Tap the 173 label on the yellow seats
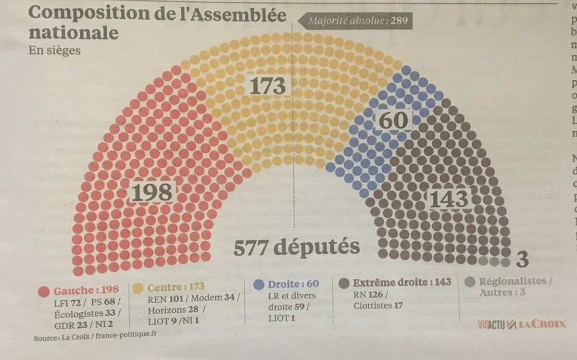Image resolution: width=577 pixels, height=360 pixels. [268, 86]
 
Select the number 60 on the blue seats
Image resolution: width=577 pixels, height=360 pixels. [393, 120]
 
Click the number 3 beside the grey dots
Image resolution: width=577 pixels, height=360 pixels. [522, 260]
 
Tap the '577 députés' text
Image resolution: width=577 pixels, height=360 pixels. [297, 247]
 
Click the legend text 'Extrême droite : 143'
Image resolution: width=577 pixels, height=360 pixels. [402, 282]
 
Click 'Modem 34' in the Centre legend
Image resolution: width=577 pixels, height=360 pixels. [218, 298]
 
